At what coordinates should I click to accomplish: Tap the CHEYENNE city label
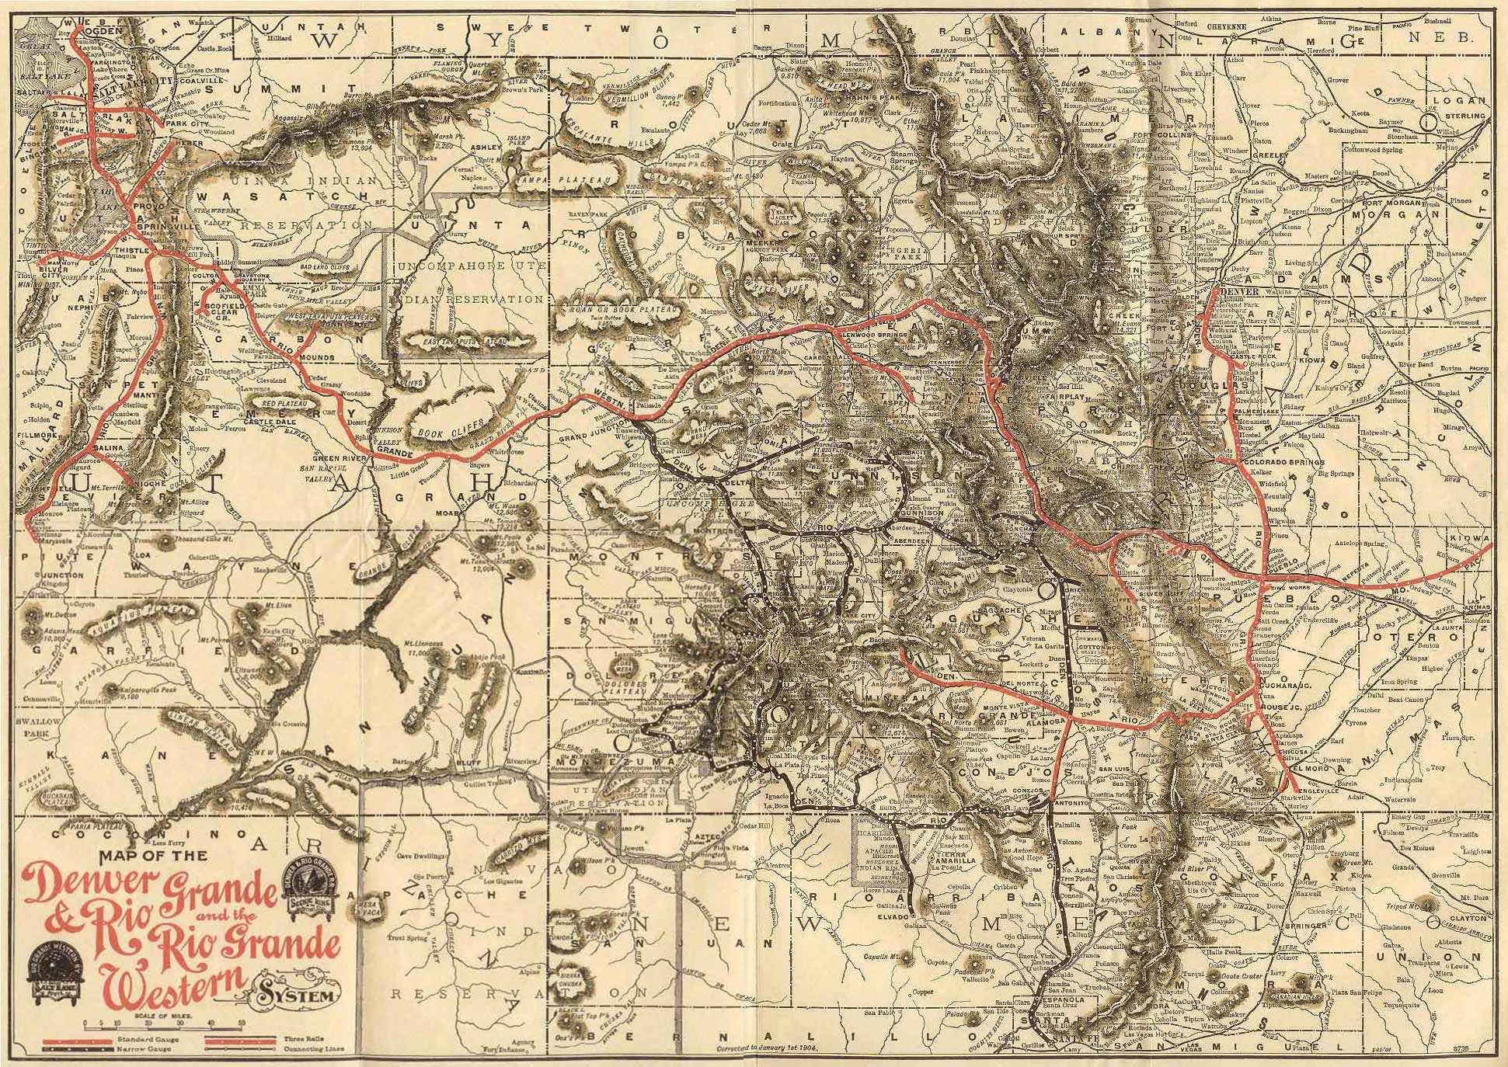[x=1226, y=26]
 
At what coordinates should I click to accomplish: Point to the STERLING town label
[x=1466, y=116]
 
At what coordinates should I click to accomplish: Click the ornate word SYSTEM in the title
[x=304, y=995]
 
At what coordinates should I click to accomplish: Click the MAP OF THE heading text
[x=153, y=856]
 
